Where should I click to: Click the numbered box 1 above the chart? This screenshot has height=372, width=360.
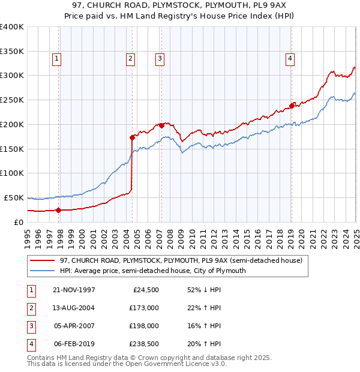[56, 58]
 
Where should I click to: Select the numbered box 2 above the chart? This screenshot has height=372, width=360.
[130, 58]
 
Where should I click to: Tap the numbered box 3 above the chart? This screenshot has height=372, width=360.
[160, 58]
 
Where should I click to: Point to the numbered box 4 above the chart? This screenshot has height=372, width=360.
[290, 58]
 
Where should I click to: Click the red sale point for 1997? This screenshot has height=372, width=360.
[59, 210]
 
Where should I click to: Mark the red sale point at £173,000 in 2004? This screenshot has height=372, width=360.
[132, 137]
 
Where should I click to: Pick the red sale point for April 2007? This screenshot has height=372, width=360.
[161, 125]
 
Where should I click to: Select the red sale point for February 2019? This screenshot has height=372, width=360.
[292, 106]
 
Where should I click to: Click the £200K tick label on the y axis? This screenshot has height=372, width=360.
[11, 124]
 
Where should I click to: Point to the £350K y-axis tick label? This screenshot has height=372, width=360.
[11, 51]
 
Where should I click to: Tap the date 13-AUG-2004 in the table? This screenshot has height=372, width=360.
[73, 308]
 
